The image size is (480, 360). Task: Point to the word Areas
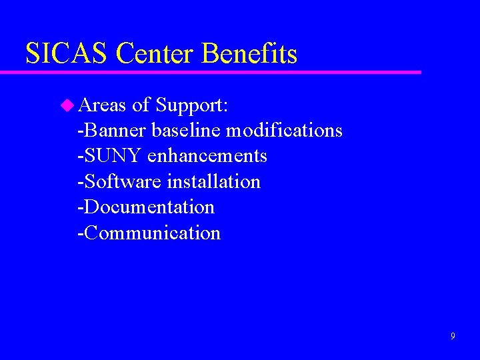pos(103,105)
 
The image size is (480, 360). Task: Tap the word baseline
pos(187,130)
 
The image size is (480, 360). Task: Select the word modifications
pos(285,130)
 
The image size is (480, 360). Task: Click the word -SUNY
pos(110,156)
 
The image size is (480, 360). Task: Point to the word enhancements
pos(207,156)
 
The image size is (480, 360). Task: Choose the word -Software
pos(120,181)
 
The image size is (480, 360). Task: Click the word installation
pos(214,181)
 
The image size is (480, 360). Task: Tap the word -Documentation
pos(146,207)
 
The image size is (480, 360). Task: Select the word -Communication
pos(149,233)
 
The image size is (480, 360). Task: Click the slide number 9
pos(453,336)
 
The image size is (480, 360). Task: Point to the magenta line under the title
pos(220,71)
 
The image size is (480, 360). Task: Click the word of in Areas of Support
pos(141,105)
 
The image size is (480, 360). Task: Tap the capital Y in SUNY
pos(135,156)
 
